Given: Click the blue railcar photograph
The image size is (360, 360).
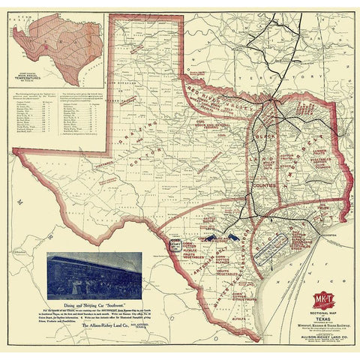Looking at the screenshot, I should (94, 273).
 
